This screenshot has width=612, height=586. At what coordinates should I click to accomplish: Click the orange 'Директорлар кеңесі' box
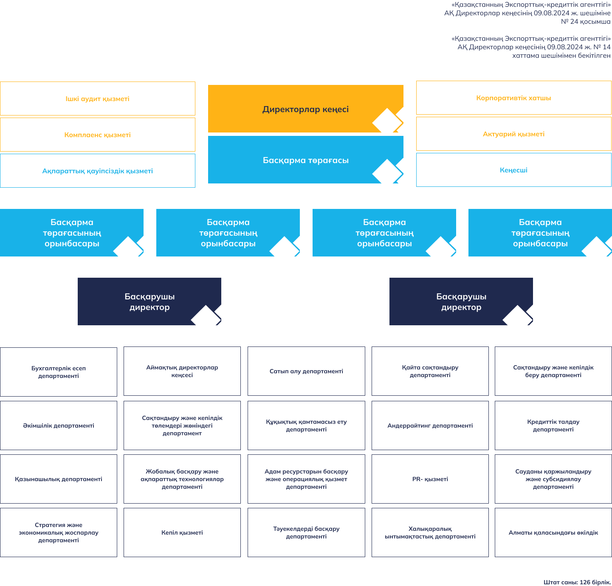pyautogui.click(x=305, y=109)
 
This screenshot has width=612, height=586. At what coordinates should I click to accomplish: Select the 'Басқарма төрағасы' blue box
pyautogui.click(x=305, y=160)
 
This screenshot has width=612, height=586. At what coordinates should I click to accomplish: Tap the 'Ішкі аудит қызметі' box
pyautogui.click(x=98, y=99)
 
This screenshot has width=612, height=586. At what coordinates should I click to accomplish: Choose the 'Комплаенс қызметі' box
pyautogui.click(x=98, y=135)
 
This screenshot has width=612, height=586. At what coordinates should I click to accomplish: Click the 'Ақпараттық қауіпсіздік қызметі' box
pyautogui.click(x=98, y=171)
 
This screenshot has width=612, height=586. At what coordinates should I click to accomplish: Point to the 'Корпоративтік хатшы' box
pyautogui.click(x=513, y=98)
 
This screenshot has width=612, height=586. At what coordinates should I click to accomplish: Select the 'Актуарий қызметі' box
pyautogui.click(x=513, y=134)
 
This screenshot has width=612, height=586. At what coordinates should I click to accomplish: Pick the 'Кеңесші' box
pyautogui.click(x=513, y=170)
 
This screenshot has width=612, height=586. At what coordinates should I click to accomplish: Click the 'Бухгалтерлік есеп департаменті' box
pyautogui.click(x=59, y=372)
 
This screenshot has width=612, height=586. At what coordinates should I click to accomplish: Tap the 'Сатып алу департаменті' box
pyautogui.click(x=306, y=371)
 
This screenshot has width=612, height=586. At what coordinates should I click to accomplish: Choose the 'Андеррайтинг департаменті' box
pyautogui.click(x=430, y=425)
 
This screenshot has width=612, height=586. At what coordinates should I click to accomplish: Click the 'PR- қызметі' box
pyautogui.click(x=430, y=479)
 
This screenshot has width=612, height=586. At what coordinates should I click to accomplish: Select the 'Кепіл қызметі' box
pyautogui.click(x=182, y=532)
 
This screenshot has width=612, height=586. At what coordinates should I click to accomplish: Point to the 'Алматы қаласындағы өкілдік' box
pyautogui.click(x=553, y=532)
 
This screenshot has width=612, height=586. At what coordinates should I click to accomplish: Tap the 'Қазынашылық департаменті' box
pyautogui.click(x=59, y=479)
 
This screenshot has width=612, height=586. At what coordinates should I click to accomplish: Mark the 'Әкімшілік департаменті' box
pyautogui.click(x=59, y=425)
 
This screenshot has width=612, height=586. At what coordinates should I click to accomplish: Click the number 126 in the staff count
pyautogui.click(x=585, y=582)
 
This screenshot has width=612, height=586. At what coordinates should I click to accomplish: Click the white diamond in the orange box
pyautogui.click(x=387, y=121)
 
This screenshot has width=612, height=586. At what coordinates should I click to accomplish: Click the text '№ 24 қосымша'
pyautogui.click(x=586, y=22)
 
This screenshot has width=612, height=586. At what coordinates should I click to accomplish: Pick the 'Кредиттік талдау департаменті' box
pyautogui.click(x=553, y=425)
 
